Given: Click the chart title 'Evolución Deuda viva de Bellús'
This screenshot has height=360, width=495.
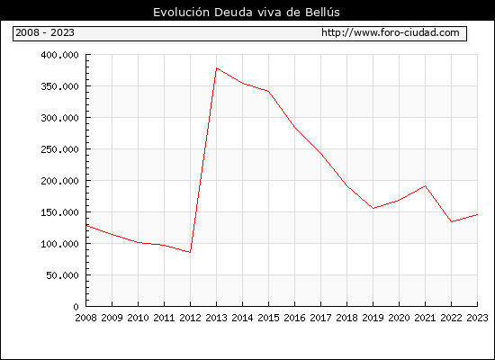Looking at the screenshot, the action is pyautogui.click(x=247, y=13).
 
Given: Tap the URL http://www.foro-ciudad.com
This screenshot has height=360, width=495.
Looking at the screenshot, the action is pyautogui.click(x=391, y=32).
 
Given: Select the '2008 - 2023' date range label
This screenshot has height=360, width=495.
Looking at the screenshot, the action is pyautogui.click(x=45, y=32).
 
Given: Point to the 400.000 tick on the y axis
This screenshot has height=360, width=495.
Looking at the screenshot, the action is pyautogui.click(x=59, y=55).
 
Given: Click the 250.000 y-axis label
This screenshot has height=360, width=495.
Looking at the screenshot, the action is pyautogui.click(x=59, y=149).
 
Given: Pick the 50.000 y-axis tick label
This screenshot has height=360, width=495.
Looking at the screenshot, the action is pyautogui.click(x=62, y=275).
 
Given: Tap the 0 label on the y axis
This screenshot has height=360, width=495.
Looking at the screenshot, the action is pyautogui.click(x=76, y=307).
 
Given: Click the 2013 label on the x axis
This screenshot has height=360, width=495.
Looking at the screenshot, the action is pyautogui.click(x=216, y=318).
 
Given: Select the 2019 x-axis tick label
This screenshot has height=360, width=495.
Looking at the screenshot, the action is pyautogui.click(x=373, y=318).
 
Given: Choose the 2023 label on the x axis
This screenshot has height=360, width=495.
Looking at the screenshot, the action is pyautogui.click(x=477, y=318).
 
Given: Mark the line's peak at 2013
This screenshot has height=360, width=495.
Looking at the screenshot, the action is pyautogui.click(x=216, y=68).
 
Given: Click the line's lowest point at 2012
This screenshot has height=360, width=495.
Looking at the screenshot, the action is pyautogui.click(x=190, y=252).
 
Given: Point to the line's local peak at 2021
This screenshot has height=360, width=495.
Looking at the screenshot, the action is pyautogui.click(x=425, y=186).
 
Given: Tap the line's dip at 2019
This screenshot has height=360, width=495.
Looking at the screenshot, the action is pyautogui.click(x=373, y=209).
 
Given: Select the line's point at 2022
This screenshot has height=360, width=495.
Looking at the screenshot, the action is pyautogui.click(x=452, y=221).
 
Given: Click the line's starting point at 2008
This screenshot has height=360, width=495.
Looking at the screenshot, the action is pyautogui.click(x=86, y=226).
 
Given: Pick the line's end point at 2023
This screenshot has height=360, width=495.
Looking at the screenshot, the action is pyautogui.click(x=477, y=215).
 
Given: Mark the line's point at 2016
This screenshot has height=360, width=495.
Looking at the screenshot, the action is pyautogui.click(x=294, y=127).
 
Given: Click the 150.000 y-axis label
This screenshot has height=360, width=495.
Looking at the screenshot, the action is pyautogui.click(x=59, y=212).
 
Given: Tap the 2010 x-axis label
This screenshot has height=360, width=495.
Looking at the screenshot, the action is pyautogui.click(x=138, y=318).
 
